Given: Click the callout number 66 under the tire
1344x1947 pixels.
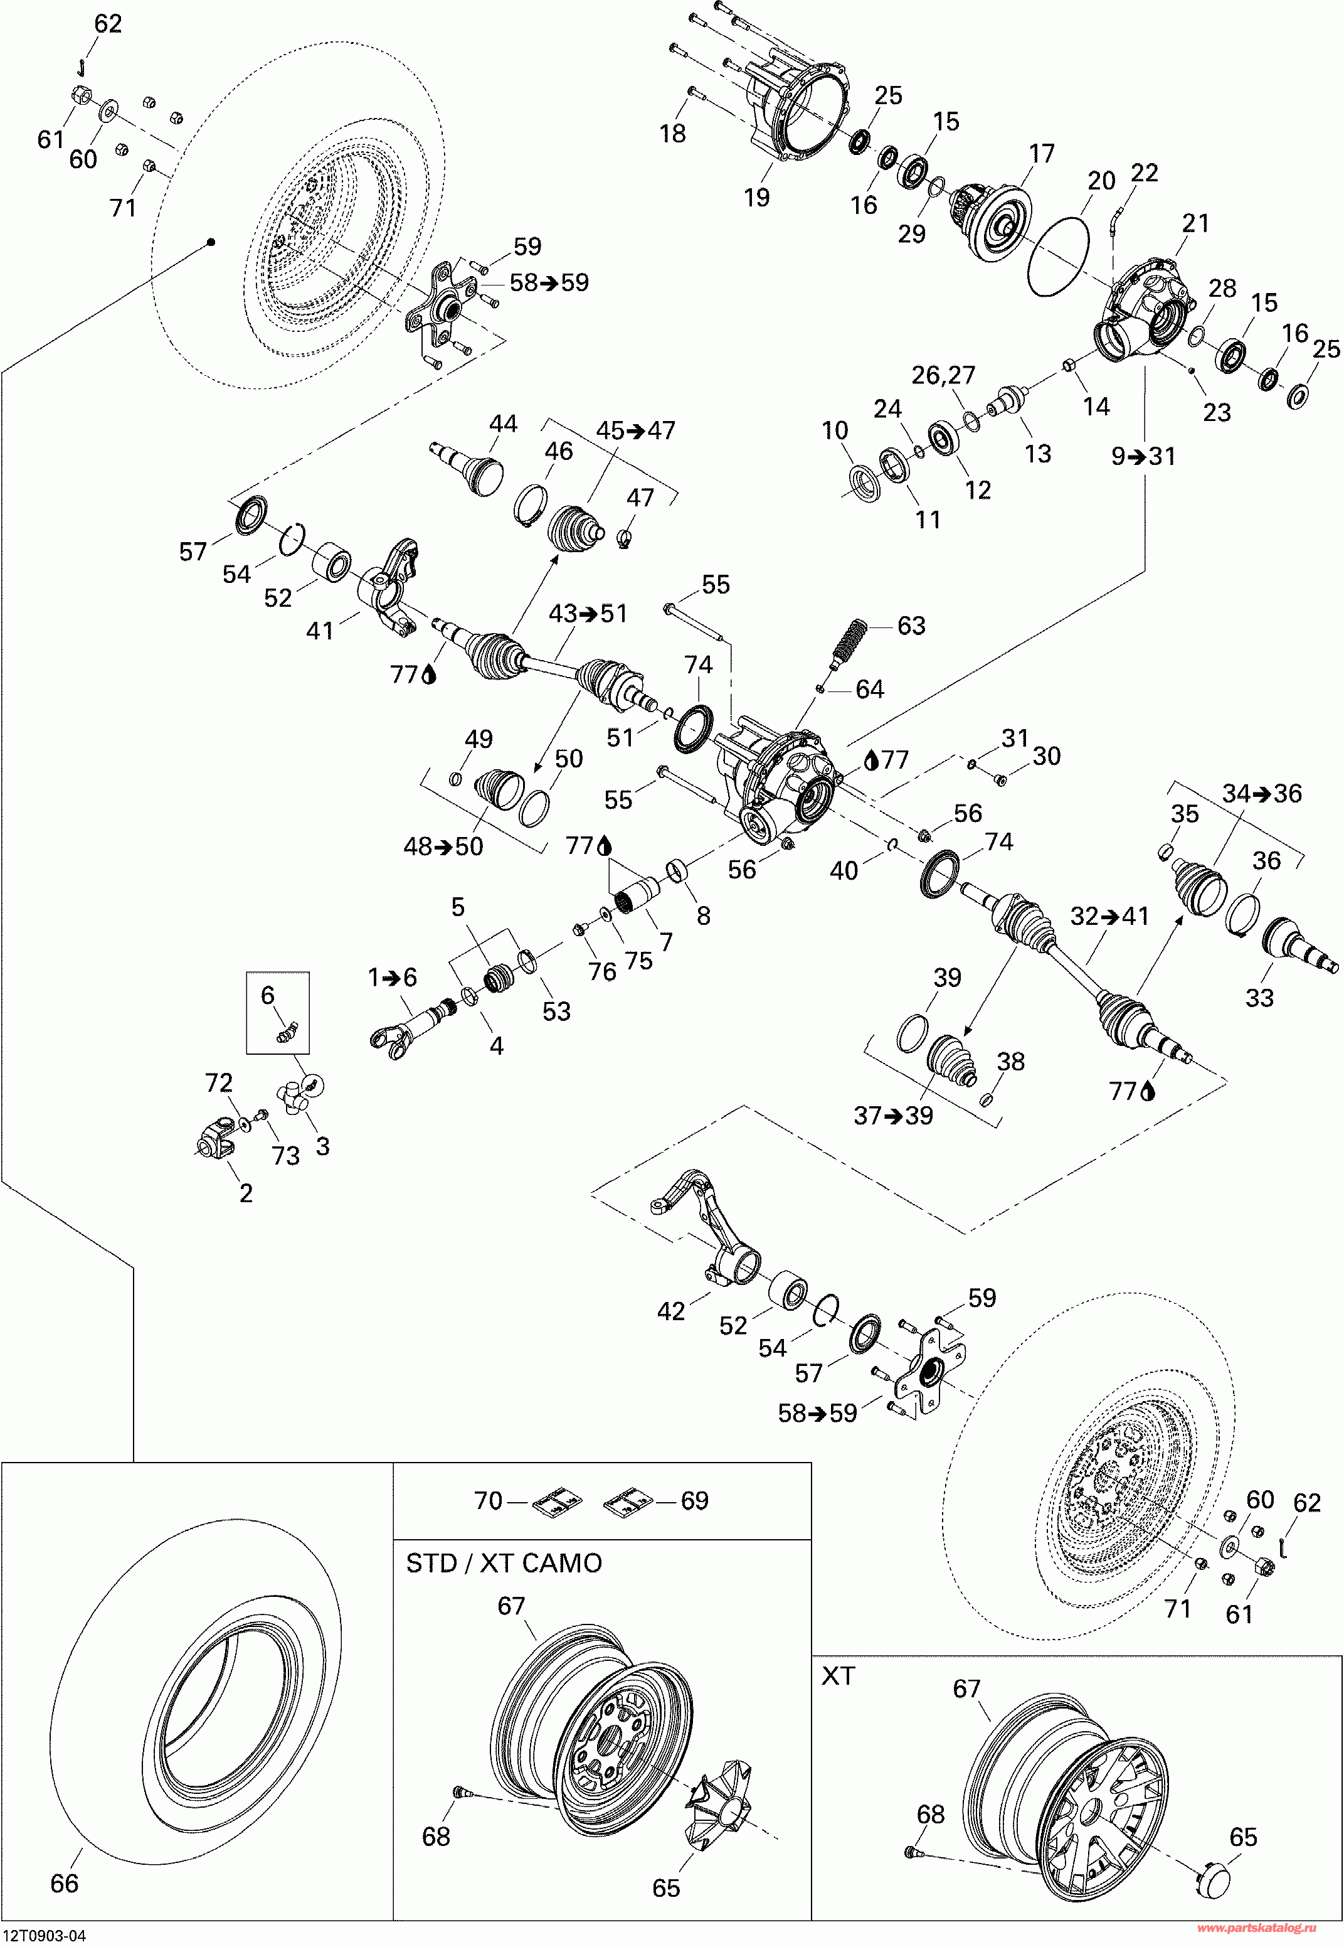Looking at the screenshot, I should click(x=64, y=1883).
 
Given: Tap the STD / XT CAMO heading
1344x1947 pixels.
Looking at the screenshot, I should click(x=504, y=1563).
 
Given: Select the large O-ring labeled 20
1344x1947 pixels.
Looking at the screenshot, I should click(x=1059, y=255).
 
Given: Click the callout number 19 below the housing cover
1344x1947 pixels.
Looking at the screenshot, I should click(x=756, y=197).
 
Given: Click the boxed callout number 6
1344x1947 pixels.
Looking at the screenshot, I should click(x=267, y=995).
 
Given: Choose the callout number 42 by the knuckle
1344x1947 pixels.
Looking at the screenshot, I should click(x=670, y=1311).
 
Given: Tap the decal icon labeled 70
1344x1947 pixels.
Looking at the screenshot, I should click(x=558, y=1500).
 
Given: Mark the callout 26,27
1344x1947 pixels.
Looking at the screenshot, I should click(x=943, y=375).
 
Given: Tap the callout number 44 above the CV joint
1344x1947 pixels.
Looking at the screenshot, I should click(x=503, y=423).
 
